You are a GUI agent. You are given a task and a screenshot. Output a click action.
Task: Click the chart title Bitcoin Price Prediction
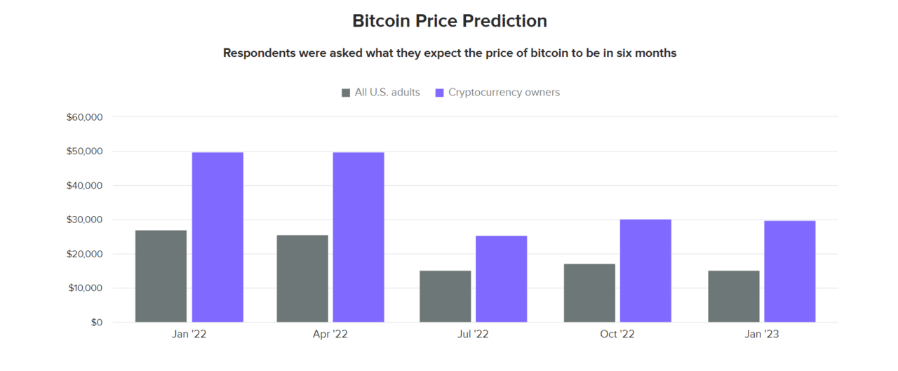(x=450, y=21)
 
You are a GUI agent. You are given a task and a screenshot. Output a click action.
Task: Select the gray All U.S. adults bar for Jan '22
(x=161, y=276)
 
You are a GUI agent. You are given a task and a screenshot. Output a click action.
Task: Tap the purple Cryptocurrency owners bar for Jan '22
(x=217, y=237)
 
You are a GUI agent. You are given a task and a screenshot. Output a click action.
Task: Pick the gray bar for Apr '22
(x=302, y=278)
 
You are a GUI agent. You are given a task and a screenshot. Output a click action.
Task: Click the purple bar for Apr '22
(x=358, y=237)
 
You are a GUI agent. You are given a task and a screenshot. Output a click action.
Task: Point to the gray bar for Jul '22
(x=445, y=297)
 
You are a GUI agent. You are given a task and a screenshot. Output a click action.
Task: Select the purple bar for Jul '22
(x=502, y=279)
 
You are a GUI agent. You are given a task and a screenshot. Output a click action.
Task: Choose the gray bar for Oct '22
(x=589, y=293)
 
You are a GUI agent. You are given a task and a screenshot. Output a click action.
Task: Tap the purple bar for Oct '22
(x=645, y=271)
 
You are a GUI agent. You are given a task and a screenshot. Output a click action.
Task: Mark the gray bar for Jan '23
(x=734, y=297)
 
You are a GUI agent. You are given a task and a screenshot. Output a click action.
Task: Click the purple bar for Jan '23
(x=790, y=271)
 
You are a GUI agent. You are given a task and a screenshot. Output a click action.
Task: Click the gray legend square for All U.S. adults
(x=346, y=93)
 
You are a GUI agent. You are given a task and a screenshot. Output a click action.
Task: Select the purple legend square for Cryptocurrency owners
(x=439, y=93)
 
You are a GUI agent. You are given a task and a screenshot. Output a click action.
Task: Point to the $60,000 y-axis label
(x=85, y=117)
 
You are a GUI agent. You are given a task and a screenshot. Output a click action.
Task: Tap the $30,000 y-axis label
(x=85, y=220)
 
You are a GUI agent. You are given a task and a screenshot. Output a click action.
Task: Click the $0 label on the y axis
(x=97, y=323)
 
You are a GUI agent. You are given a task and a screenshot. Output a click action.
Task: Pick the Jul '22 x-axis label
(x=473, y=334)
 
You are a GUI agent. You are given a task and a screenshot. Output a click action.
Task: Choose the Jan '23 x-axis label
(x=762, y=334)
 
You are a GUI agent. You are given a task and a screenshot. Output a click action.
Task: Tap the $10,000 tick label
(x=86, y=288)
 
